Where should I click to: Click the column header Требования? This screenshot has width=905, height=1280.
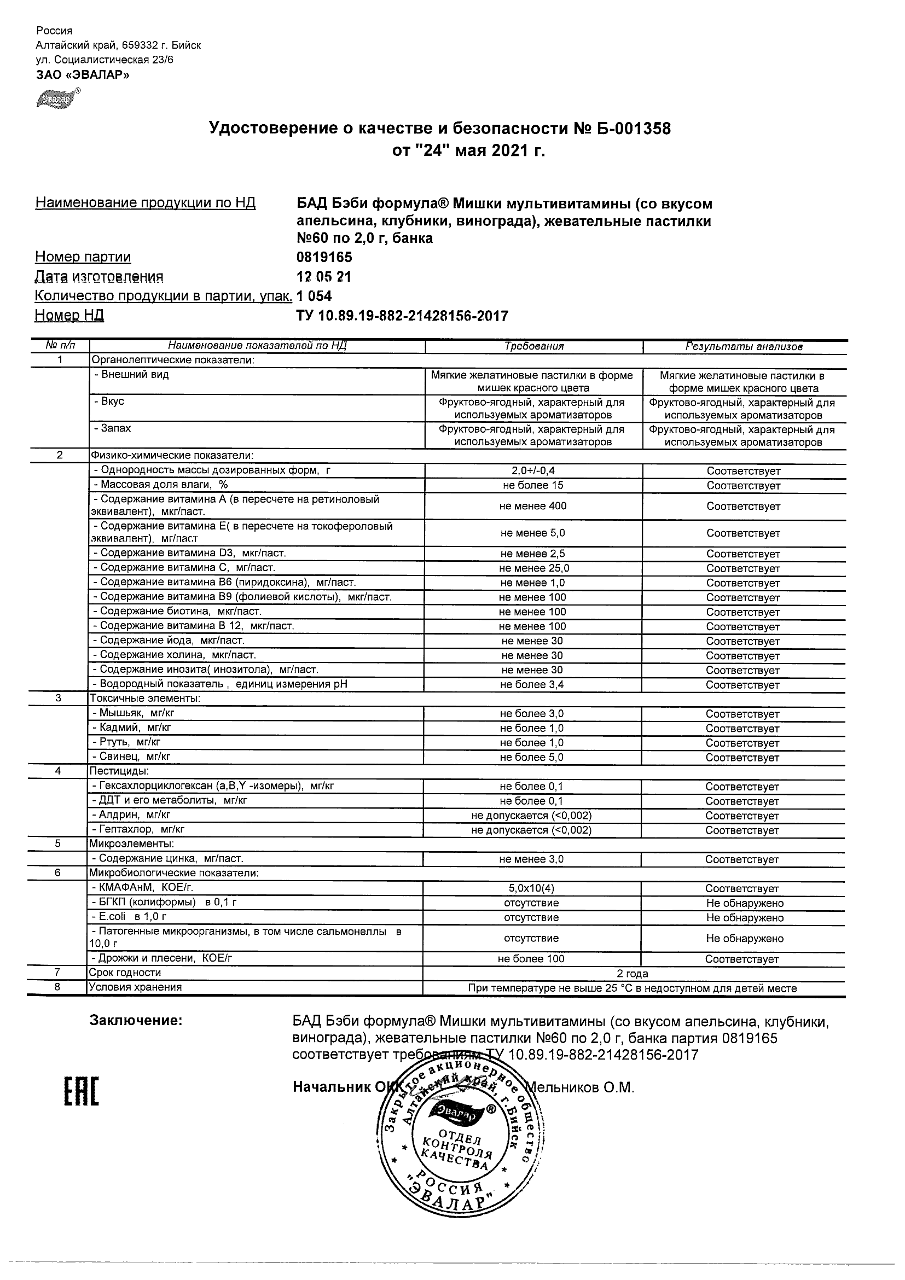click(x=533, y=346)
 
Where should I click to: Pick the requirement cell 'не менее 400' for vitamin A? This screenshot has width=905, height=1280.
click(x=533, y=506)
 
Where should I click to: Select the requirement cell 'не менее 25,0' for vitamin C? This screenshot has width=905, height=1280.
click(x=533, y=568)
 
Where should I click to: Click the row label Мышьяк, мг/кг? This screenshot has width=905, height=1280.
click(x=134, y=713)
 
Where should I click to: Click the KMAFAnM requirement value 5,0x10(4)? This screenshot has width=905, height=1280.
click(x=531, y=888)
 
